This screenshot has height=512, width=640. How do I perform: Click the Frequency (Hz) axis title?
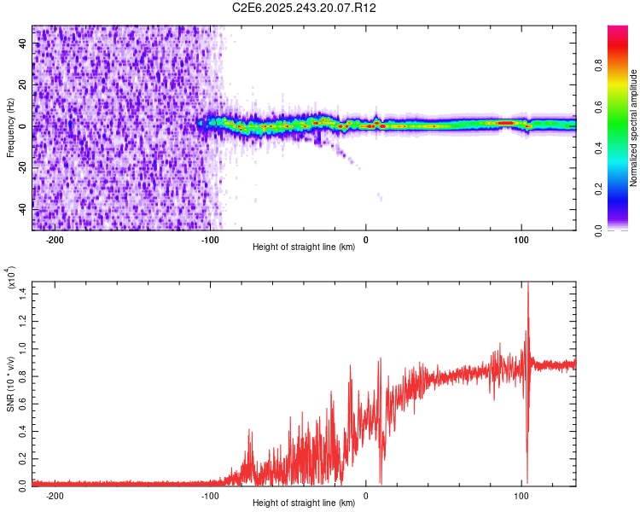11,127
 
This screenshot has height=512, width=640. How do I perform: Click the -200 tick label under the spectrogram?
56,240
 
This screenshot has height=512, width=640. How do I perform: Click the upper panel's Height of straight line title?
305,247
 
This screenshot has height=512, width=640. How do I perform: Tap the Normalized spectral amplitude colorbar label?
634,128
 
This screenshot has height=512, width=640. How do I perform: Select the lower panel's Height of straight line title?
305,503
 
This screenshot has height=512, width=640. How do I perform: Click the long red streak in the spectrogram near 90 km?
505,123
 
